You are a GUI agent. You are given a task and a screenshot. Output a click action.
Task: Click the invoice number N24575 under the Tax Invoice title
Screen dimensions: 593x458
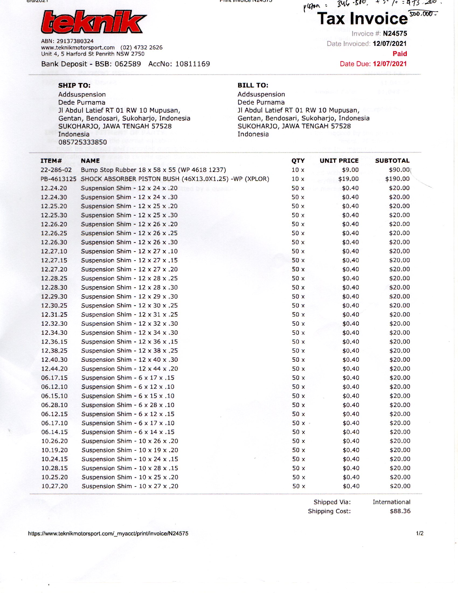coord(395,33)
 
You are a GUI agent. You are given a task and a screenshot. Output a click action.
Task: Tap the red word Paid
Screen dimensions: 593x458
coord(400,53)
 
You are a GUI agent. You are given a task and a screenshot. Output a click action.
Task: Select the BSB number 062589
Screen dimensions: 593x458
coord(128,64)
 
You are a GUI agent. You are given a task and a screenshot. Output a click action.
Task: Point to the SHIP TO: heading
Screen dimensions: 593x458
coord(74,85)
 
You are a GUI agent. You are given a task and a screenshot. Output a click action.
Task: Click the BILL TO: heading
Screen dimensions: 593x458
coord(253,85)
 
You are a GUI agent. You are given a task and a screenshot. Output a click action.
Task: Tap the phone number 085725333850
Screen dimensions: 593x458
coord(82,142)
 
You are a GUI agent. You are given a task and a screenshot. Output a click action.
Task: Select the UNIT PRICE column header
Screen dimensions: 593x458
coord(339,160)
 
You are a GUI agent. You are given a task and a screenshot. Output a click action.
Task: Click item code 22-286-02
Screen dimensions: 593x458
coord(56,170)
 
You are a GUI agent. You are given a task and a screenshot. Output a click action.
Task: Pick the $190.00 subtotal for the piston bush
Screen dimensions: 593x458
coord(397,179)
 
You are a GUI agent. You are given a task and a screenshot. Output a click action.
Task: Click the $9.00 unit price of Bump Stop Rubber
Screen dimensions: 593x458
coord(350,170)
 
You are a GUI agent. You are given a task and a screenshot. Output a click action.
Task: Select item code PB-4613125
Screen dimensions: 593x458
coord(58,179)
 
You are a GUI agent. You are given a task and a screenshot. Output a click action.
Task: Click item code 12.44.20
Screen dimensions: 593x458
coord(54,369)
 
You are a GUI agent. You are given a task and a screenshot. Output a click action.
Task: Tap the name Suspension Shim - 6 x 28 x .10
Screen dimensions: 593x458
coord(127,405)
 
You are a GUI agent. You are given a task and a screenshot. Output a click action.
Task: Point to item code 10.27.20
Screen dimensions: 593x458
coord(54,486)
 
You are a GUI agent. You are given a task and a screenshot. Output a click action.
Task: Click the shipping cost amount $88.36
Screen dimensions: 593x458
coord(400,511)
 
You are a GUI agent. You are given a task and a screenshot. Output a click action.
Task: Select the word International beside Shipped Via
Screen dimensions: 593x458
coord(391,502)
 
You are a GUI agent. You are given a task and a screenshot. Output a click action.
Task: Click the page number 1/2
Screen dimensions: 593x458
coord(419,533)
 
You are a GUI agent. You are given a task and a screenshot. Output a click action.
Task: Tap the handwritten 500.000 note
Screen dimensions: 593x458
coord(422,14)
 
